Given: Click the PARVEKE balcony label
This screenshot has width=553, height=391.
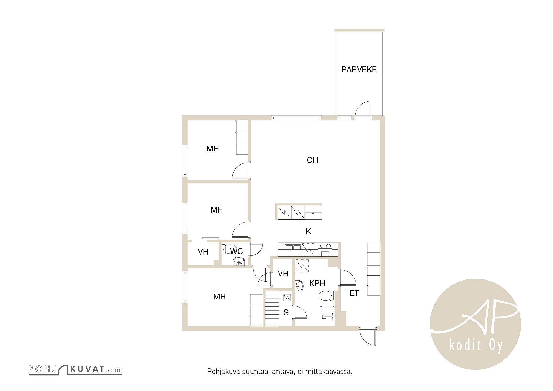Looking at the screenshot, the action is tap(359, 69).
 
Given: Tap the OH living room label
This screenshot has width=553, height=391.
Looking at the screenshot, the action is tap(312, 160).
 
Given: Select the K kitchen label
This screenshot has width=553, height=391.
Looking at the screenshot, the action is tap(308, 231).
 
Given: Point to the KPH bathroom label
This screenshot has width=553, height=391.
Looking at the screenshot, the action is tap(317, 283).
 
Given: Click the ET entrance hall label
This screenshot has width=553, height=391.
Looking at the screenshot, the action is tap(354, 293).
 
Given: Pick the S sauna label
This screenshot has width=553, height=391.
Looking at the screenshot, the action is tap(286, 313).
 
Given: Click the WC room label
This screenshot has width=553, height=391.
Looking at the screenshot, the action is tap(237, 251).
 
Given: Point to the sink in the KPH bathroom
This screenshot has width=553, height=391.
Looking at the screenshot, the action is tap(299, 286).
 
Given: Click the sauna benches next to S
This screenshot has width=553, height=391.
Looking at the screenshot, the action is tap(272, 308).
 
